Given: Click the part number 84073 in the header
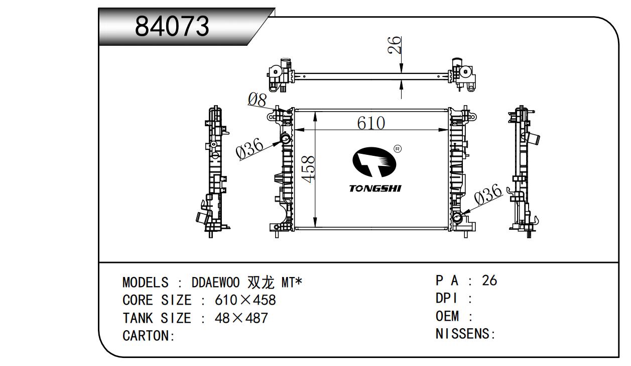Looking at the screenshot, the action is click(172, 26).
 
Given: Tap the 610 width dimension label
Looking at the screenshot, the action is click(371, 123).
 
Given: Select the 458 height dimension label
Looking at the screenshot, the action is click(308, 169).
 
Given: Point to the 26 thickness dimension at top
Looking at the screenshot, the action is click(394, 45).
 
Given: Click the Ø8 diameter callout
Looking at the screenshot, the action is click(257, 100).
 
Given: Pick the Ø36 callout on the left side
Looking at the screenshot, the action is click(249, 148).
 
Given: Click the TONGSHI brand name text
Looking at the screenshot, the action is click(375, 188).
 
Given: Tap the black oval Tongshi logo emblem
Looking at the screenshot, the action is click(374, 162).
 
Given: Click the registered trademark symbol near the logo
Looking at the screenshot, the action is click(397, 149).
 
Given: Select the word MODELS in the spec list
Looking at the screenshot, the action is click(146, 282).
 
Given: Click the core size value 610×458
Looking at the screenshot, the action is click(245, 300).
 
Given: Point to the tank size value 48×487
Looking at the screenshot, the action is click(241, 318).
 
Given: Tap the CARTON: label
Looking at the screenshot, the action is click(149, 336).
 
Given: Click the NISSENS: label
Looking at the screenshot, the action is click(465, 334).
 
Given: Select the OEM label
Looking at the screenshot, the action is click(447, 316).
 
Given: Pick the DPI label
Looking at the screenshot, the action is click(447, 298).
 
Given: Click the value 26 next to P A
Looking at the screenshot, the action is click(489, 281).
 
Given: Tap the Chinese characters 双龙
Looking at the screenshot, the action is click(261, 282).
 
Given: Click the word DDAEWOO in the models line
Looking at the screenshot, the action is click(215, 282).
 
